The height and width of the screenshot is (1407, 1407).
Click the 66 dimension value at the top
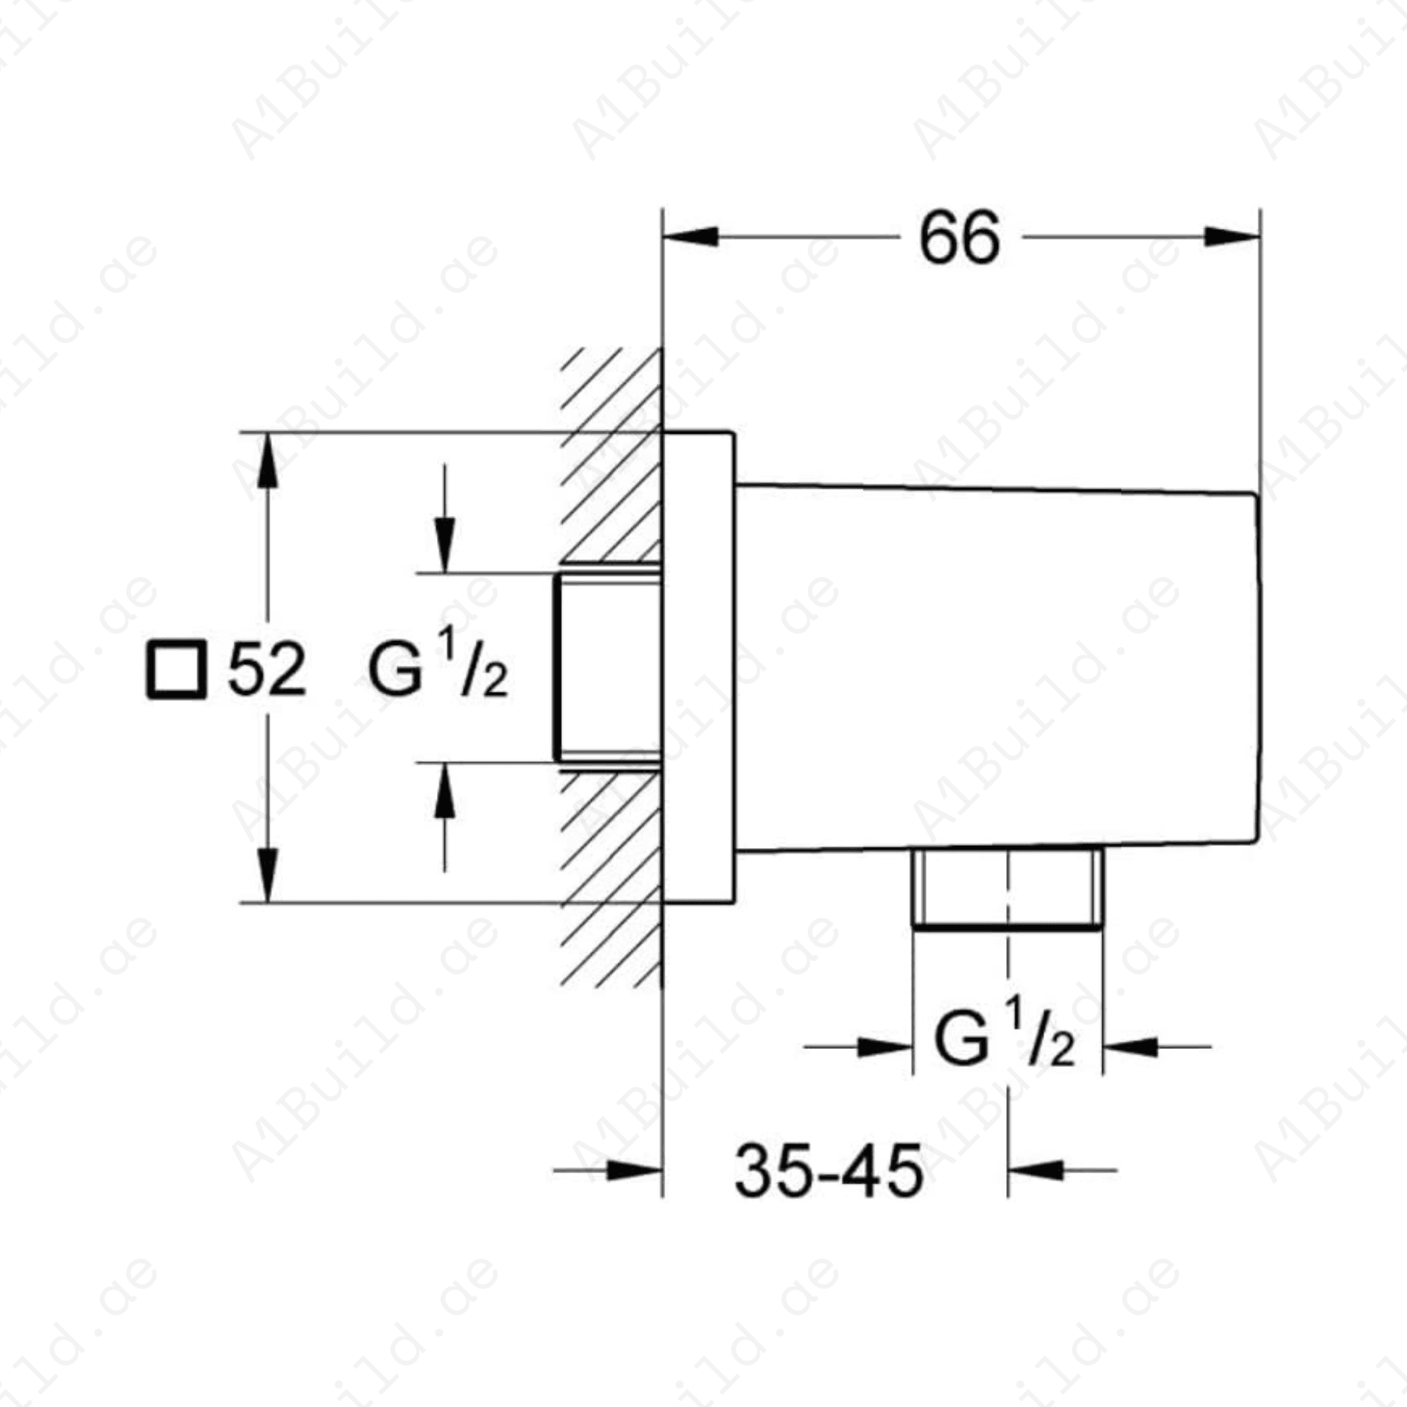coord(959,238)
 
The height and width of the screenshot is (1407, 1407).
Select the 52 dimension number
coord(267,670)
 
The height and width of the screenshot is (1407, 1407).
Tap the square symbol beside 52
coord(177,669)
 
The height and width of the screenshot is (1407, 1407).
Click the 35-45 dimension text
coord(829,1171)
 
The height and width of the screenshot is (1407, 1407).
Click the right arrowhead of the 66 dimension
coord(1232,236)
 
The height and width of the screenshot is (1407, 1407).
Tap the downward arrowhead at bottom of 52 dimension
coord(267,875)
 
